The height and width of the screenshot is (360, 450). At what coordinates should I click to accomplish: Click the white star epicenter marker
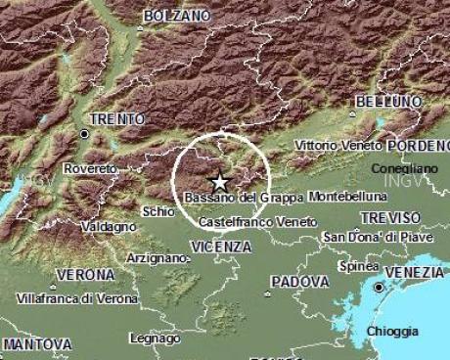219,182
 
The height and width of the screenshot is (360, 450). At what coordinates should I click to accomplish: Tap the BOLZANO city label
176,17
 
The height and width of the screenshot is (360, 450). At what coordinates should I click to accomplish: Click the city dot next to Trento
85,133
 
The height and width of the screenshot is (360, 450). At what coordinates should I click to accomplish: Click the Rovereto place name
89,169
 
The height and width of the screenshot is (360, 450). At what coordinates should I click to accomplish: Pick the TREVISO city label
390,217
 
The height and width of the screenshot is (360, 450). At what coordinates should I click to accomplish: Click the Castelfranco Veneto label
258,223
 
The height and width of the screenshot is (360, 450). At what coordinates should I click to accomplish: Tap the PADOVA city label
298,281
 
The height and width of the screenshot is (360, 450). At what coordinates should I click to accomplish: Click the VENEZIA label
415,271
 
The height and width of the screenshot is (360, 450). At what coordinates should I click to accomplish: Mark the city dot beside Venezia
378,288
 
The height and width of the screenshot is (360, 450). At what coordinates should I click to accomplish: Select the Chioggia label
392,332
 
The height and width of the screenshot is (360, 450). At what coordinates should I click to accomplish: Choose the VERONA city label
86,275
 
